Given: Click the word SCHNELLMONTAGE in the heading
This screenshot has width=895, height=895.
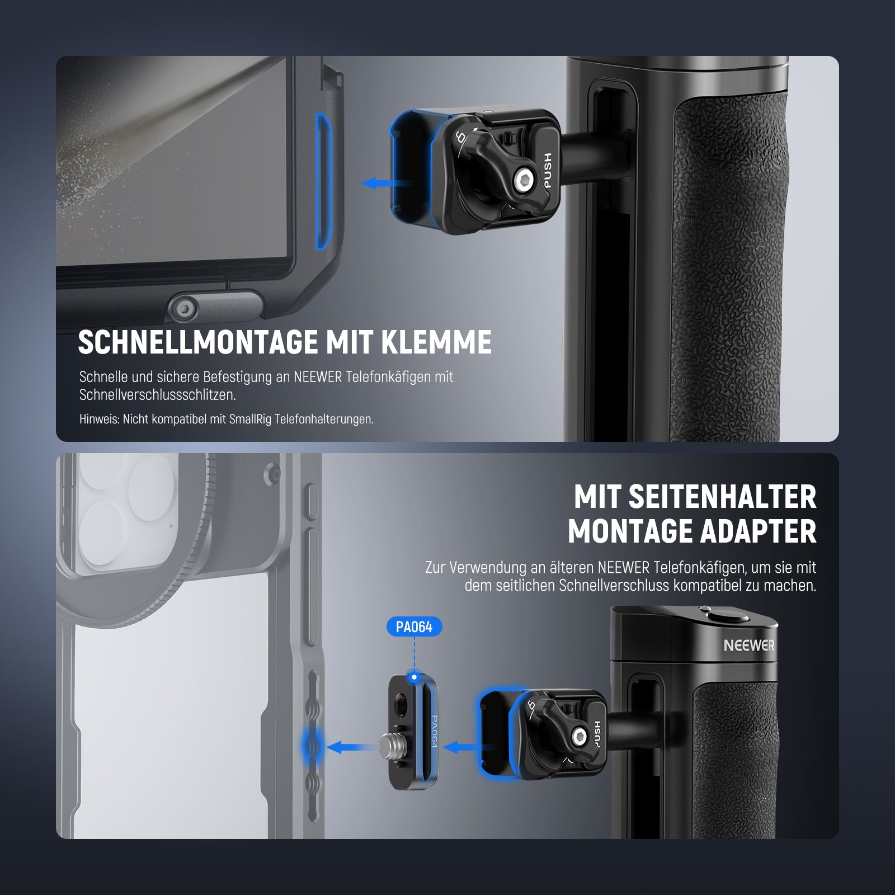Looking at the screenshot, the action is pyautogui.click(x=198, y=342).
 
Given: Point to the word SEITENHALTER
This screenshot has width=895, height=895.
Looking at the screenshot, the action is pyautogui.click(x=722, y=497).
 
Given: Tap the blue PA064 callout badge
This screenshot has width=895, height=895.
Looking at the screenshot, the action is pyautogui.click(x=414, y=626).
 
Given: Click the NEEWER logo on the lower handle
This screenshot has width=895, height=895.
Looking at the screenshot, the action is pyautogui.click(x=749, y=646).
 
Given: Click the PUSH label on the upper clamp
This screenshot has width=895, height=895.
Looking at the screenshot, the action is pyautogui.click(x=547, y=170).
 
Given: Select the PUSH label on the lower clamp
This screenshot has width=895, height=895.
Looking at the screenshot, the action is pyautogui.click(x=596, y=734).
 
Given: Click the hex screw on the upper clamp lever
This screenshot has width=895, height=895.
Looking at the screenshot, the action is pyautogui.click(x=525, y=180).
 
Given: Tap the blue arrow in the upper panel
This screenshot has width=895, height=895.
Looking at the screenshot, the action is pyautogui.click(x=387, y=183).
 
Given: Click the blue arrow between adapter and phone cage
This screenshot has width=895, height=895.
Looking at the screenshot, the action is pyautogui.click(x=351, y=747).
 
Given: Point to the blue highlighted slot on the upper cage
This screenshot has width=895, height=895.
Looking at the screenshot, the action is pyautogui.click(x=324, y=181).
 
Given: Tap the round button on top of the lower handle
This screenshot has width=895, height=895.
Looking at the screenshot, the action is pyautogui.click(x=728, y=616).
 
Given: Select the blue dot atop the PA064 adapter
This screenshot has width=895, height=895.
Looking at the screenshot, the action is pyautogui.click(x=414, y=677).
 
